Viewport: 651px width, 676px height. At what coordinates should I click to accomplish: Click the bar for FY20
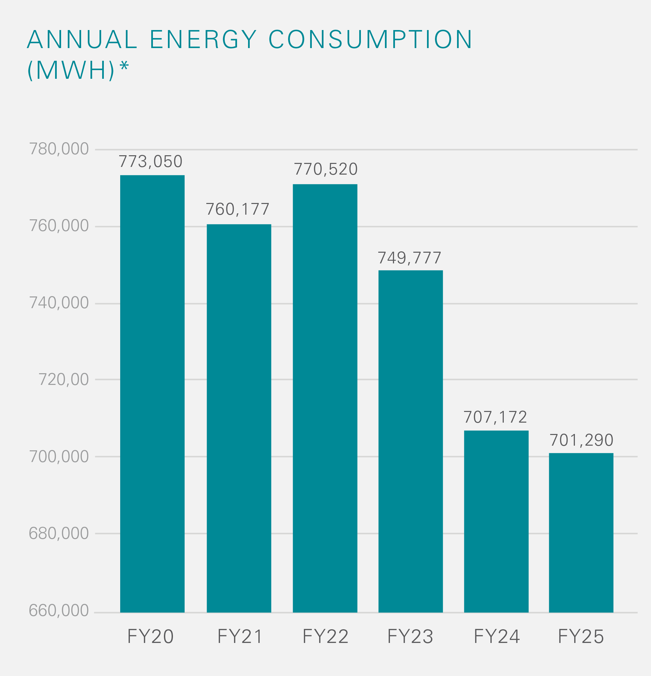coord(152,393)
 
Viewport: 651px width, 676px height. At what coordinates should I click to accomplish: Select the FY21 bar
coord(239,417)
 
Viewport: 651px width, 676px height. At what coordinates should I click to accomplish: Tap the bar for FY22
coord(325,397)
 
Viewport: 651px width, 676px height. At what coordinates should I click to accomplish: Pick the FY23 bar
coord(411,441)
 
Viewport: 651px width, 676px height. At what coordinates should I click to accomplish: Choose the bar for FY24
coord(496,521)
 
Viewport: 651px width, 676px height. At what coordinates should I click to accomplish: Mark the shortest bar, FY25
coord(581,533)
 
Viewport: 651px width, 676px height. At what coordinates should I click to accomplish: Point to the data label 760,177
coord(237,209)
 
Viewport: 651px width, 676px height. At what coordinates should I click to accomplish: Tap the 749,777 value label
coord(410,258)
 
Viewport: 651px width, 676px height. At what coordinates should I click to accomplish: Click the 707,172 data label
coord(495,417)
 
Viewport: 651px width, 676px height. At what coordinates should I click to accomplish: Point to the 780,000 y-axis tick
coord(59,149)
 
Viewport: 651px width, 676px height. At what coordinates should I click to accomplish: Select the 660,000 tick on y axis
coord(59,611)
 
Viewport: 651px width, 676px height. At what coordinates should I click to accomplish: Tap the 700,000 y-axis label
coord(59,457)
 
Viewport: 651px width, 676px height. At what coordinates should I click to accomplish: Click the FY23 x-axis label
coord(410,636)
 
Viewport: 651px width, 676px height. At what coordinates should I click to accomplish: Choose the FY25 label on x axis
coord(581,636)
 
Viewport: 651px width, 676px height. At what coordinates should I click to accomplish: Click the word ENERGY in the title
coord(203,39)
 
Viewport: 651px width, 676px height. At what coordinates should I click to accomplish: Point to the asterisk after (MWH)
coord(124,65)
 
